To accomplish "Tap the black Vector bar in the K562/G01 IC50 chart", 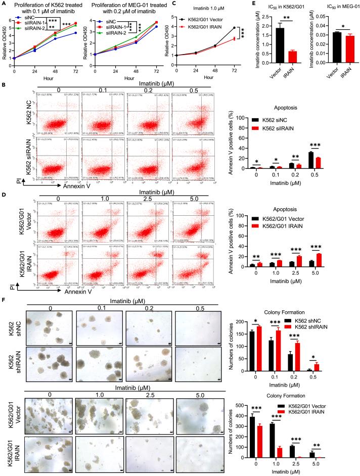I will (273, 46).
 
